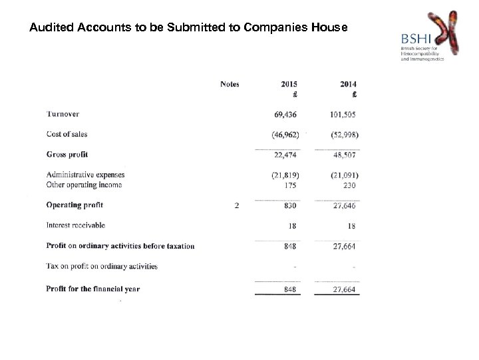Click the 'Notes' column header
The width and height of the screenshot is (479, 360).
pos(230,84)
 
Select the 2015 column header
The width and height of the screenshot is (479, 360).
pos(289,84)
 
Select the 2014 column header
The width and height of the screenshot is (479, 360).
pos(347,84)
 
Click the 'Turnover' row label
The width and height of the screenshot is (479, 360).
pos(63,114)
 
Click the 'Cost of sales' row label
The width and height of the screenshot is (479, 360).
pos(67,134)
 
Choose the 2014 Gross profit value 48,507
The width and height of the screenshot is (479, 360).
pos(345,155)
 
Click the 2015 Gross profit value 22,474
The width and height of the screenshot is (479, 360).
pos(286,155)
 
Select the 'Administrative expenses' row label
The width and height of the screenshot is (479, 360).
pos(85,175)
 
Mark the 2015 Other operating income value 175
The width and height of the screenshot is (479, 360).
pos(290,185)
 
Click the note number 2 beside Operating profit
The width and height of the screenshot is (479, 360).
pos(237,205)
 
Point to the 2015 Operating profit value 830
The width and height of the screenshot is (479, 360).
pos(290,205)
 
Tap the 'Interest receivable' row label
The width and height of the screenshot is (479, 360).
pos(75,225)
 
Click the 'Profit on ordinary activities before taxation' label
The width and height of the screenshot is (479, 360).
pos(120,246)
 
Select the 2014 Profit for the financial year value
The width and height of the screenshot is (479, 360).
pos(345,289)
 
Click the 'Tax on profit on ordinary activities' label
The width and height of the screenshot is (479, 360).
pos(102,266)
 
